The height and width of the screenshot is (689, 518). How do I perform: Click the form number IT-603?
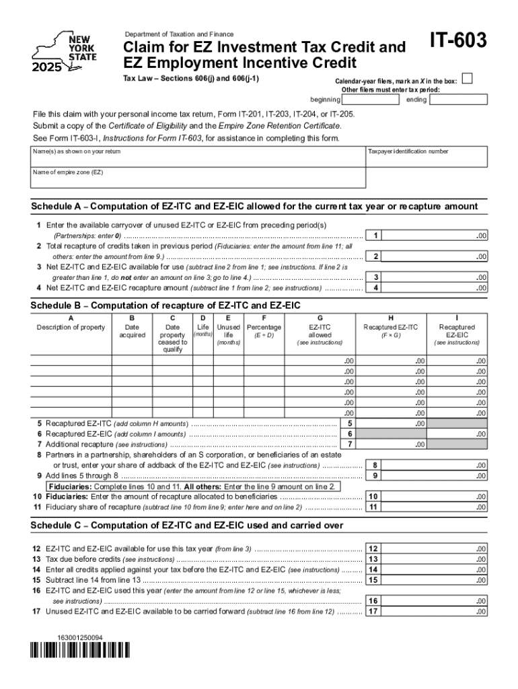458,42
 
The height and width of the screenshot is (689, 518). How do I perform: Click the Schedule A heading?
254,206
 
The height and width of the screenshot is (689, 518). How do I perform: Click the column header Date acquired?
132,331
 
